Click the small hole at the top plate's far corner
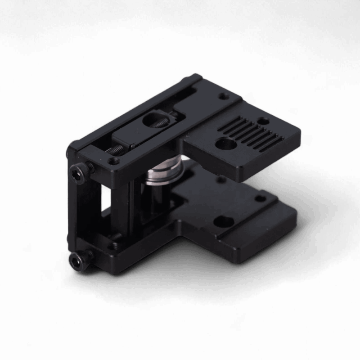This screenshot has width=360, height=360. point(222,96)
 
